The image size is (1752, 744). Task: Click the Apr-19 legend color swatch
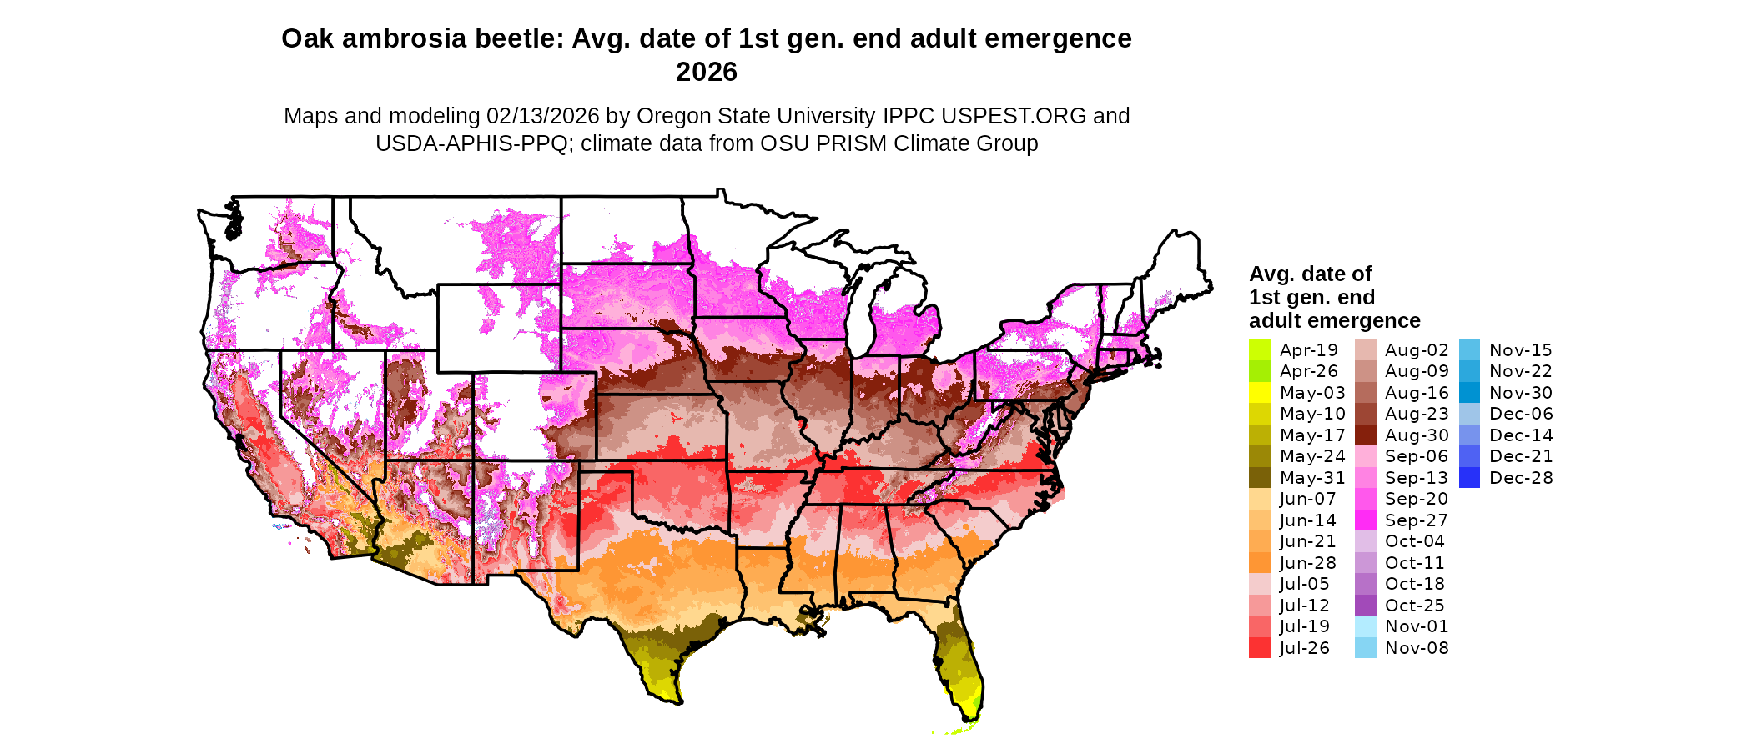(x=1259, y=350)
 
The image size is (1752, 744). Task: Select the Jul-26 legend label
(x=1304, y=648)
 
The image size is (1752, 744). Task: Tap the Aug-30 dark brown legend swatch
(x=1365, y=435)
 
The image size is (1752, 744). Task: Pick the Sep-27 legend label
(x=1416, y=520)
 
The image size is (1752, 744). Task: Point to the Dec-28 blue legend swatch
(x=1469, y=478)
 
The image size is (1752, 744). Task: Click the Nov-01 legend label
(x=1416, y=626)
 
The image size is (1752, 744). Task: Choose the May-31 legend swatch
(x=1259, y=478)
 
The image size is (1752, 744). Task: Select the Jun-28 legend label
(x=1307, y=563)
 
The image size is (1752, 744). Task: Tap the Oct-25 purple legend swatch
(x=1365, y=606)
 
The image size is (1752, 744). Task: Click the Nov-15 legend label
(x=1520, y=350)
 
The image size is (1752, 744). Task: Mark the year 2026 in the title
(x=706, y=73)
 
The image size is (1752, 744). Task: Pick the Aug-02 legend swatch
(x=1365, y=350)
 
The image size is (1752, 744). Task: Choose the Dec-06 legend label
(x=1520, y=414)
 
